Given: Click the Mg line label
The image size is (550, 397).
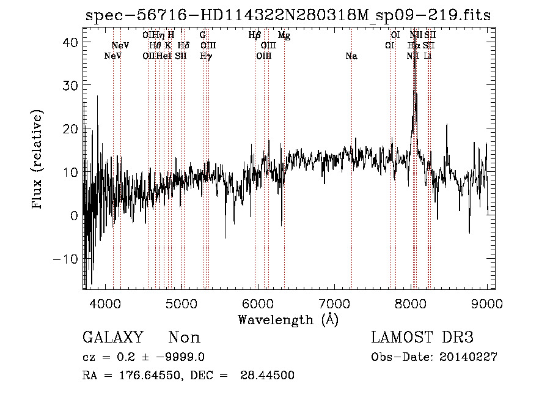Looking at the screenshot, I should (284, 35).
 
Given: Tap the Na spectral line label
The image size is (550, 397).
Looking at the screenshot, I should (351, 56).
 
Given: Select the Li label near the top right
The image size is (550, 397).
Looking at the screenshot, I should (428, 56).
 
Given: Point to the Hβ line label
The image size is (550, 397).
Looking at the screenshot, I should (255, 35).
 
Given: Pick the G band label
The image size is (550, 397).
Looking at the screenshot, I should (202, 35).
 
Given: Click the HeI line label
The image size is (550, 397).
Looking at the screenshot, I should (163, 56).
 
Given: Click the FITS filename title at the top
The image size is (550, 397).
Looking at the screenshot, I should (288, 15).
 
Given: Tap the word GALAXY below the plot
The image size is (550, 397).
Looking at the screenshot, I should (112, 338).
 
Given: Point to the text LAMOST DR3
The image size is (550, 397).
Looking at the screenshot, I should (422, 338).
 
